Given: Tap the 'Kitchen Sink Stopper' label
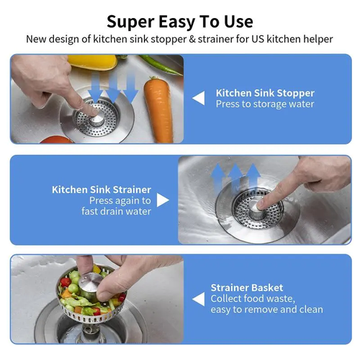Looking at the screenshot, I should point(265,93).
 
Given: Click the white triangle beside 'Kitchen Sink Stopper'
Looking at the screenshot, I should point(198,98).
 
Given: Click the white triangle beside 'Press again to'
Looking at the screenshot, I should point(163,200).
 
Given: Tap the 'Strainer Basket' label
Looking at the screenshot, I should point(246,287).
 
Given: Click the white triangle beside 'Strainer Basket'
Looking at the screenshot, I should point(198,298).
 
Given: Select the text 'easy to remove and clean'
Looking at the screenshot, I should point(266,310).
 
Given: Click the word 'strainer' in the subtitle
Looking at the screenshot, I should point(215,39).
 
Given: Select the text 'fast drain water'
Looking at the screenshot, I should point(120,211).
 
